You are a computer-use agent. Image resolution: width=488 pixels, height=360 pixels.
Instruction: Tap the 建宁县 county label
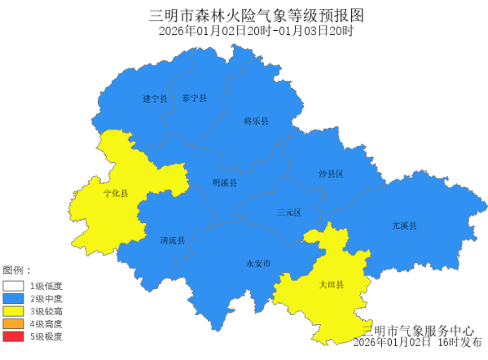[155, 99]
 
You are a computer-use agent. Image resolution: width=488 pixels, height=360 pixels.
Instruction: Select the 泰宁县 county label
[195, 99]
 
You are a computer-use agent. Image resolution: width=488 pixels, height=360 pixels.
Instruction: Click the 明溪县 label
[224, 183]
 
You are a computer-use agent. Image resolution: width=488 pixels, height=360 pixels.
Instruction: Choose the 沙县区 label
[331, 174]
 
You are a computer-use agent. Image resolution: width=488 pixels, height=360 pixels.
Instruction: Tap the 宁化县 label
[116, 194]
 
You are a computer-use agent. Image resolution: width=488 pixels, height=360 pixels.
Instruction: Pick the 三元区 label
[288, 213]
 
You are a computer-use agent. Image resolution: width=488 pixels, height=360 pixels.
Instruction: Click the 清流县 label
[173, 241]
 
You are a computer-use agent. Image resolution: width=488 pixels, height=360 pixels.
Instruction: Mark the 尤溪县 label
[403, 226]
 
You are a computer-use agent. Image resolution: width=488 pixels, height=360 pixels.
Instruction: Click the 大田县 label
[332, 285]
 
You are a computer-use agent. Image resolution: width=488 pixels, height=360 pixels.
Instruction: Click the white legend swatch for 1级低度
[13, 286]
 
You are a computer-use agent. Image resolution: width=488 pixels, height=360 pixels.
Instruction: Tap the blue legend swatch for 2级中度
[13, 298]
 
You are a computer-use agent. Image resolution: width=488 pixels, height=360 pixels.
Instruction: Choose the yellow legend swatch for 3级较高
[13, 310]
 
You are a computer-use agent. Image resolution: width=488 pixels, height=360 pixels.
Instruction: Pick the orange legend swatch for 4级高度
[13, 323]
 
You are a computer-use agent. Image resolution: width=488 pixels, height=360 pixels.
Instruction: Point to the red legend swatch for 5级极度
[13, 336]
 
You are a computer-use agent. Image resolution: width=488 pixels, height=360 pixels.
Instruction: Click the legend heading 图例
[16, 270]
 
